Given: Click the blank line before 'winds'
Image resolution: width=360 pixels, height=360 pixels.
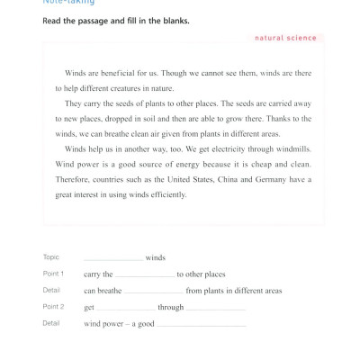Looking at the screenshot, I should pyautogui.click(x=113, y=259).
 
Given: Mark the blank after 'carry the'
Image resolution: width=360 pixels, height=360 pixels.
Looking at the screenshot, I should pyautogui.click(x=144, y=275).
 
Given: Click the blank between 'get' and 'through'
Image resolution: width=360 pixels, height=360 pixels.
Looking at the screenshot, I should pyautogui.click(x=126, y=308).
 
